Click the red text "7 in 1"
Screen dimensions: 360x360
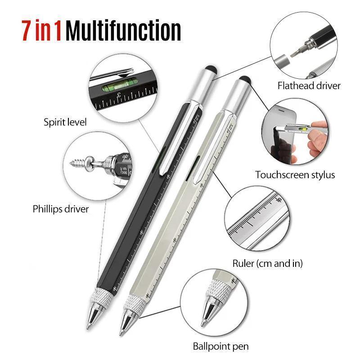tap(41, 30)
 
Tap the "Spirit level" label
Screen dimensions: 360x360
tap(65, 121)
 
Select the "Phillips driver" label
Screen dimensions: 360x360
tap(61, 209)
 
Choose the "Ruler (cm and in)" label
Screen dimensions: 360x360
tap(267, 263)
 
